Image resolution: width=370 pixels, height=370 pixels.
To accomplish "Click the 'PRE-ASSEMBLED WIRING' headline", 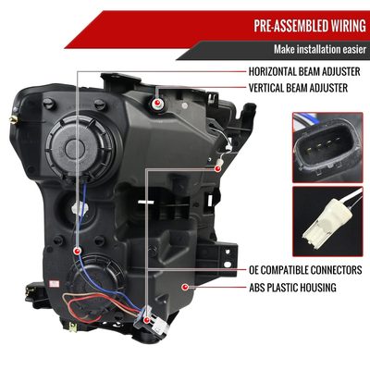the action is (310, 26).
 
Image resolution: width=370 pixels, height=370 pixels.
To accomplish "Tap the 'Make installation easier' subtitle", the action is (320, 49).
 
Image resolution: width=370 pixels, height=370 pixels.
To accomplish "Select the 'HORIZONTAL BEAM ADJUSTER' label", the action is (304, 71).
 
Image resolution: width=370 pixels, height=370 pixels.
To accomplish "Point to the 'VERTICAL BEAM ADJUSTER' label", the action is (298, 88).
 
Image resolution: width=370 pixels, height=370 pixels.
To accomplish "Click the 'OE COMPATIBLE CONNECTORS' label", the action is (305, 270).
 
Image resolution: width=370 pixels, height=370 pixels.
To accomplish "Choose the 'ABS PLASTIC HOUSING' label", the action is (292, 288).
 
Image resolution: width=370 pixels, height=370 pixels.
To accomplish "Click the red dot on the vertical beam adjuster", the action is (157, 103).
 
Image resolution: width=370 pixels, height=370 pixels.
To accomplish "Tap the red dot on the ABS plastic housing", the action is (185, 288).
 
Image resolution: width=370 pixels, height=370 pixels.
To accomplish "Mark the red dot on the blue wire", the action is (77, 251).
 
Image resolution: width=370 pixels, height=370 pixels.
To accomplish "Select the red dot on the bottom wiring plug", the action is (147, 320).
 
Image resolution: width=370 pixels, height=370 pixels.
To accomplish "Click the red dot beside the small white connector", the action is (217, 168).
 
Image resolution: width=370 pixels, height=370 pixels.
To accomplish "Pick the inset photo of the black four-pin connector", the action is (327, 147).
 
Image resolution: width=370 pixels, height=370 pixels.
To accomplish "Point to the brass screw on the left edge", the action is (14, 119).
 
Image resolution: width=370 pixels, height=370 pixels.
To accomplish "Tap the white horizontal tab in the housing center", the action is (146, 202).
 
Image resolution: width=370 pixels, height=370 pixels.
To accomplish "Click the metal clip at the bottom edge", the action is (73, 327).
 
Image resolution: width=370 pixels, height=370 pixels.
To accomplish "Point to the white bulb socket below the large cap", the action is (80, 209).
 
